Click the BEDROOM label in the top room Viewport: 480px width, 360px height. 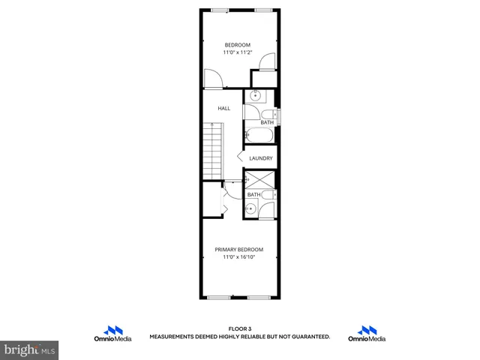click(238, 45)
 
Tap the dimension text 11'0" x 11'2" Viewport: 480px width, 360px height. click(238, 52)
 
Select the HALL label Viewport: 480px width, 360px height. click(223, 109)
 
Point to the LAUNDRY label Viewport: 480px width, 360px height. click(260, 158)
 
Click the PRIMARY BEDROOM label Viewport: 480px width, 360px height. click(238, 250)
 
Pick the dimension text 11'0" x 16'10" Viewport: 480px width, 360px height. click(238, 257)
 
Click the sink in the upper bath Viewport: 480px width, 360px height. click(255, 97)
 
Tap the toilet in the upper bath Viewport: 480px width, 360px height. click(274, 115)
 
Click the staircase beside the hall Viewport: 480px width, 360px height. click(214, 154)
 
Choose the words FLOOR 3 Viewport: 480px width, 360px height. click(239, 328)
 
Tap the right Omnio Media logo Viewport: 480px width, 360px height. click(367, 334)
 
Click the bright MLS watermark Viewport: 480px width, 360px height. click(30, 349)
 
